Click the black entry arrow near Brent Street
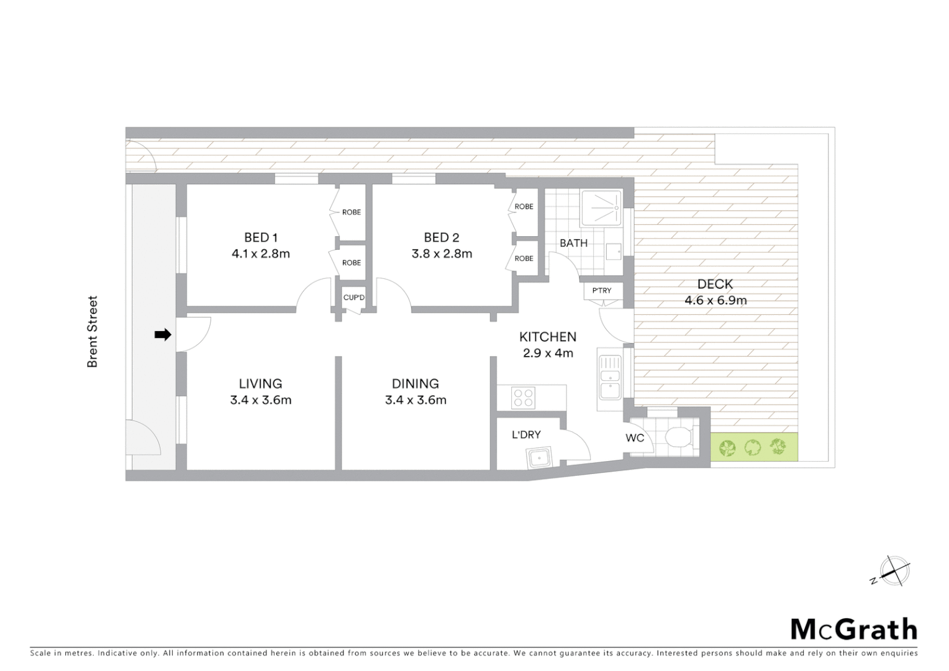(162, 335)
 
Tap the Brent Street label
(93, 331)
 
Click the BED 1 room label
(260, 237)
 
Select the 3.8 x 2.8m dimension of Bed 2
(442, 253)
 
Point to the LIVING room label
(260, 384)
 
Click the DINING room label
(415, 384)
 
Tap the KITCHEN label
(547, 337)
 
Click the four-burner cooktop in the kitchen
(523, 398)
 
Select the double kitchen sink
(610, 379)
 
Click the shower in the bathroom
(601, 208)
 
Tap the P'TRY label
(601, 291)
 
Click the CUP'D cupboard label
(354, 298)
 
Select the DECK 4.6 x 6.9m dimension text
(715, 301)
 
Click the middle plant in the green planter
(752, 446)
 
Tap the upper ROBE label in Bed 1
(351, 212)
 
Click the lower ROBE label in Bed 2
(524, 258)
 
